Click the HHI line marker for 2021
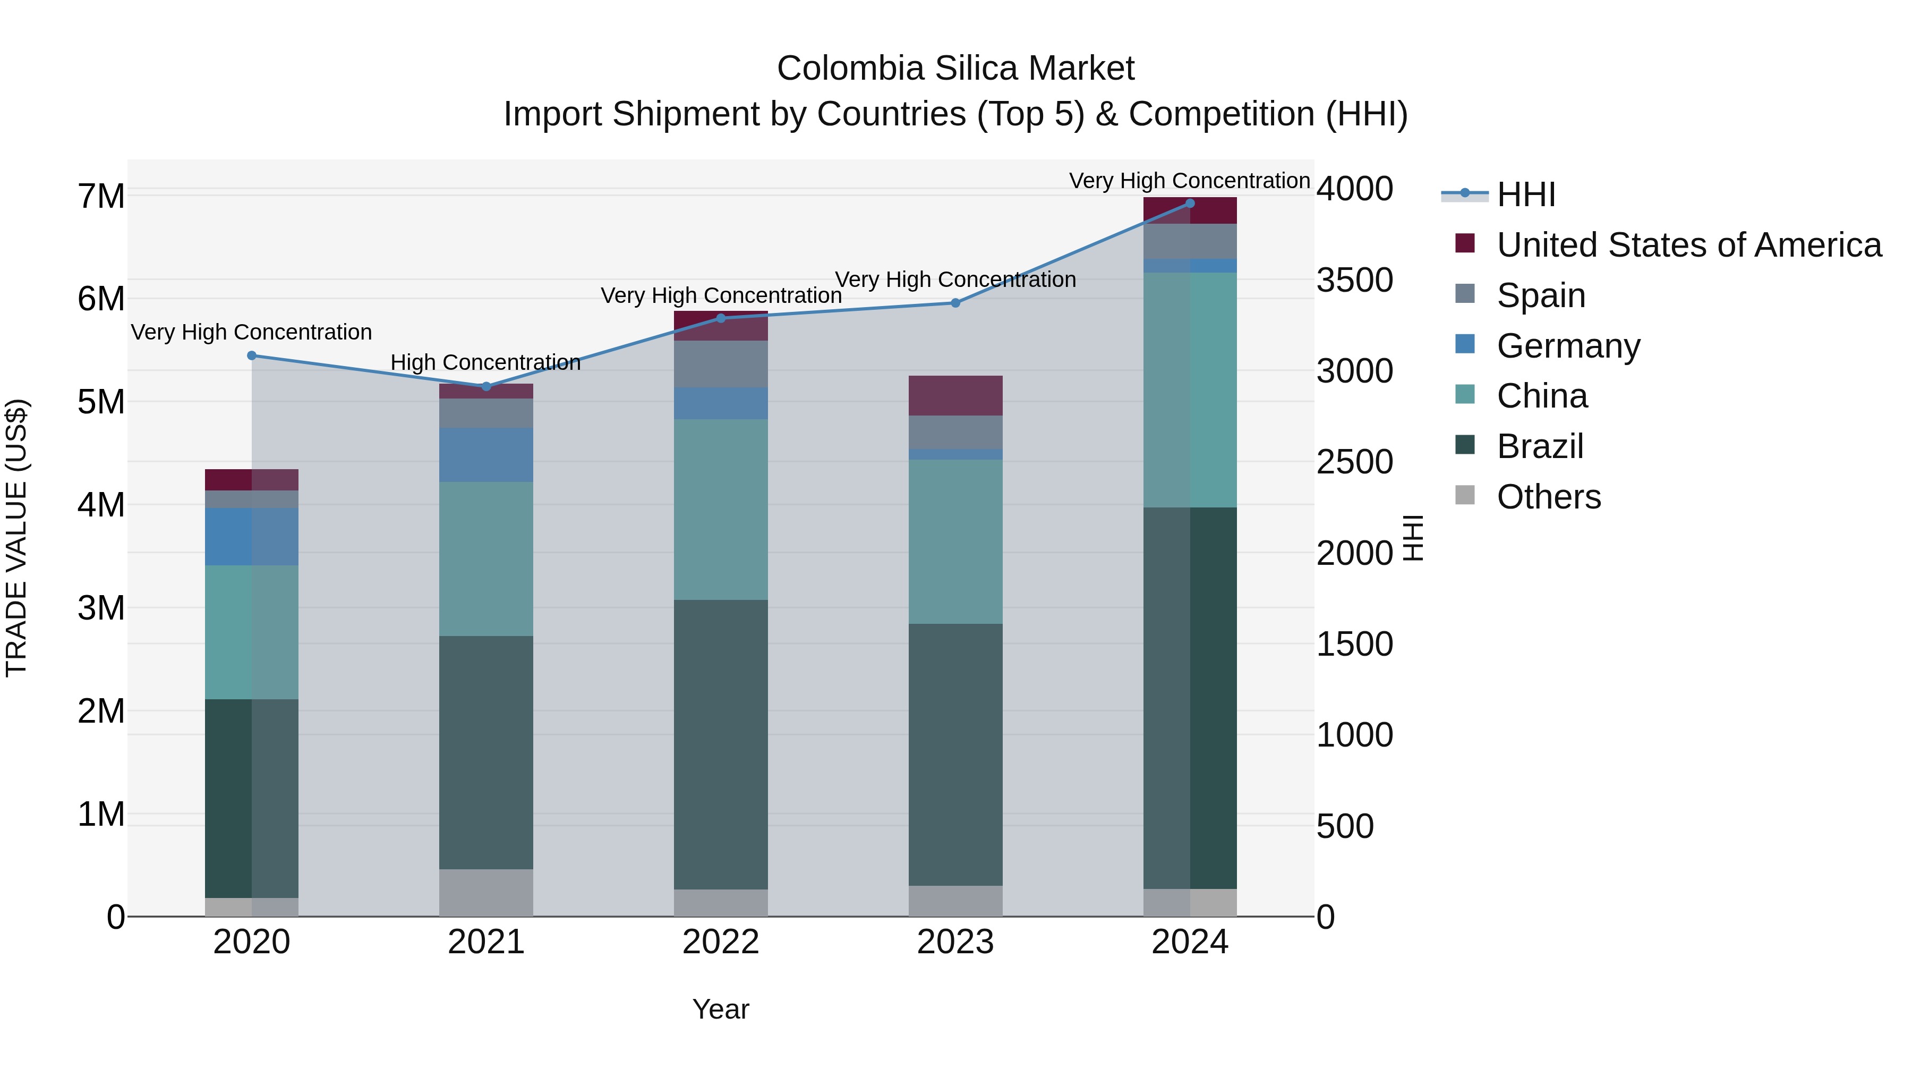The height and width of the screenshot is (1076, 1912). pyautogui.click(x=486, y=386)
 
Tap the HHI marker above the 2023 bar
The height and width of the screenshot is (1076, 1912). pyautogui.click(x=955, y=303)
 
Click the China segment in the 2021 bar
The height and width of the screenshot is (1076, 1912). pyautogui.click(x=486, y=558)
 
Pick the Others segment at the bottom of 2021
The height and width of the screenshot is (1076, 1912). pyautogui.click(x=486, y=893)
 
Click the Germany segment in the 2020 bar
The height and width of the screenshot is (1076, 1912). pyautogui.click(x=252, y=536)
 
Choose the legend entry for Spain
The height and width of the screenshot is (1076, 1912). pyautogui.click(x=1541, y=295)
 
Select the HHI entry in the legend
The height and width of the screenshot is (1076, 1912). pyautogui.click(x=1525, y=194)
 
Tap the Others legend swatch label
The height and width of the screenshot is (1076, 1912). pyautogui.click(x=1548, y=497)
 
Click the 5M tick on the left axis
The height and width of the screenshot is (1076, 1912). pyautogui.click(x=101, y=402)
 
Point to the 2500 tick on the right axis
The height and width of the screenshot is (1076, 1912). pyautogui.click(x=1354, y=462)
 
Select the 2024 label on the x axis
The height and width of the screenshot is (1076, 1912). pyautogui.click(x=1190, y=942)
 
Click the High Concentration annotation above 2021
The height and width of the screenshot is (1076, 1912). pyautogui.click(x=485, y=362)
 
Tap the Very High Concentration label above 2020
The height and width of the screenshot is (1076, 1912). pyautogui.click(x=252, y=332)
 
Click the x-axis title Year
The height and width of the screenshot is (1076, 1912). pyautogui.click(x=721, y=1009)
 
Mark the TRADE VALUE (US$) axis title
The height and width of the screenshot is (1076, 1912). pyautogui.click(x=16, y=538)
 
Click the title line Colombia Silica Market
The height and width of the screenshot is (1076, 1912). pyautogui.click(x=955, y=69)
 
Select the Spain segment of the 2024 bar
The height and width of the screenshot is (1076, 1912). pyautogui.click(x=1190, y=241)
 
